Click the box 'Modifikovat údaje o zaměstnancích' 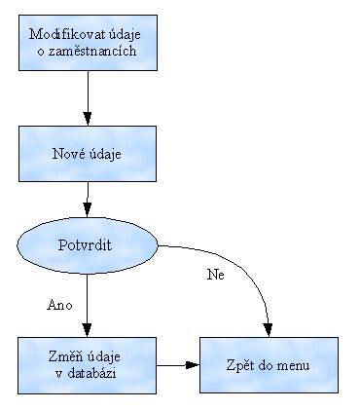tap(88, 43)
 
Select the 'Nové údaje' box tap(88, 154)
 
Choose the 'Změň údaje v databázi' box tap(88, 364)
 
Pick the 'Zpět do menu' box tap(270, 364)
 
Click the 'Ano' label tap(60, 305)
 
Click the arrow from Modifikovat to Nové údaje tap(88, 97)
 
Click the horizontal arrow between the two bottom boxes tap(178, 365)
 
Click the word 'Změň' tap(67, 357)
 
